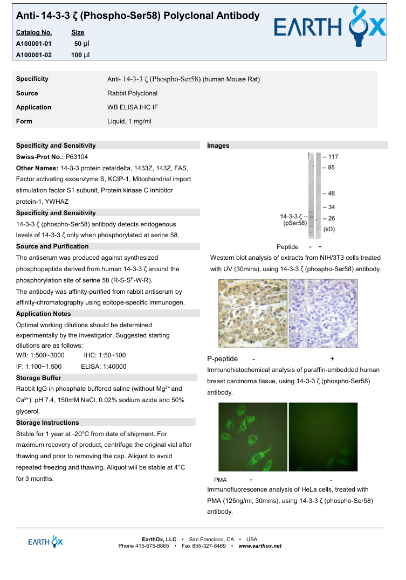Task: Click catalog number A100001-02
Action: (34, 55)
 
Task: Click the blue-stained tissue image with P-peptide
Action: (323, 313)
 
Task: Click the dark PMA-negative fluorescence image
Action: (323, 437)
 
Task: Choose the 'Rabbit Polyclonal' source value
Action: (132, 93)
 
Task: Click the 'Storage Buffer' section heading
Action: (38, 378)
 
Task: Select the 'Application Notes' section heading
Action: (43, 314)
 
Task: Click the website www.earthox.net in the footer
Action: (260, 546)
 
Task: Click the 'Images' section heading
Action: (218, 146)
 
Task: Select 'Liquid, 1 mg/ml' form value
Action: (129, 121)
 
